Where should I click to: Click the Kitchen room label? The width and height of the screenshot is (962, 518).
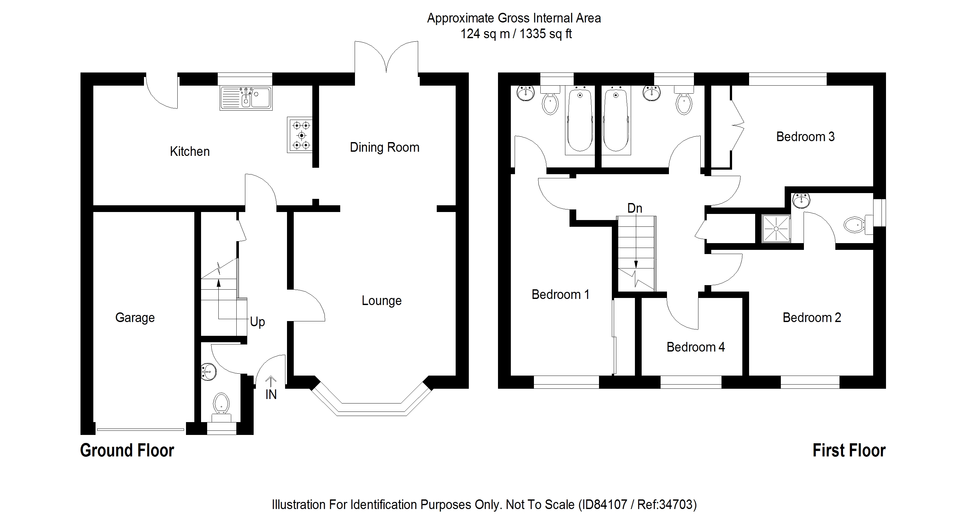190,151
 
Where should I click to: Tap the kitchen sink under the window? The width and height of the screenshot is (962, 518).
246,98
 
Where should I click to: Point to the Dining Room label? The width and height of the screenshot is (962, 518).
384,147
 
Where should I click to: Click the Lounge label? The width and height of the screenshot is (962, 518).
381,301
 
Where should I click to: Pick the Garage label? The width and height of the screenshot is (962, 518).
135,318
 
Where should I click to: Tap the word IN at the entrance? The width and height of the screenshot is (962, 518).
271,395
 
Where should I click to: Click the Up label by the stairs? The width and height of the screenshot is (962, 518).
257,322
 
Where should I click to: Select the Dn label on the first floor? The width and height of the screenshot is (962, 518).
635,208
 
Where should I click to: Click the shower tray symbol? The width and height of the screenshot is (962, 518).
776,228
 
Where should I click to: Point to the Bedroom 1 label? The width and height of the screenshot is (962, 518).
560,294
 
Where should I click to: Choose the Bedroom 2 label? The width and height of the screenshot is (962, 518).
812,318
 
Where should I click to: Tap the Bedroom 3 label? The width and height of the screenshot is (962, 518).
805,137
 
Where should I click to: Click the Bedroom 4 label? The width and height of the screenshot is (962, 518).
695,347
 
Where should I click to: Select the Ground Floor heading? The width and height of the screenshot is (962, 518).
127,450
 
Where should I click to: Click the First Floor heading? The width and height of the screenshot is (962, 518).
848,450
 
